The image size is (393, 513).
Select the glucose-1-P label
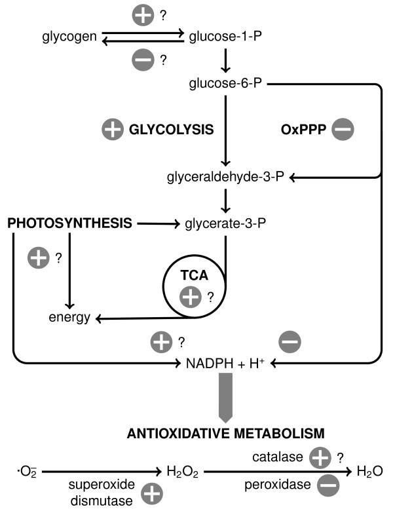[224, 37]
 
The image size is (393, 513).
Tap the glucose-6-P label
[224, 84]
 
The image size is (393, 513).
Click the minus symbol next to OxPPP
[342, 130]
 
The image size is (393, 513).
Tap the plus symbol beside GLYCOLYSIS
[113, 130]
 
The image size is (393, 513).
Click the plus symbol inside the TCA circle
[191, 297]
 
